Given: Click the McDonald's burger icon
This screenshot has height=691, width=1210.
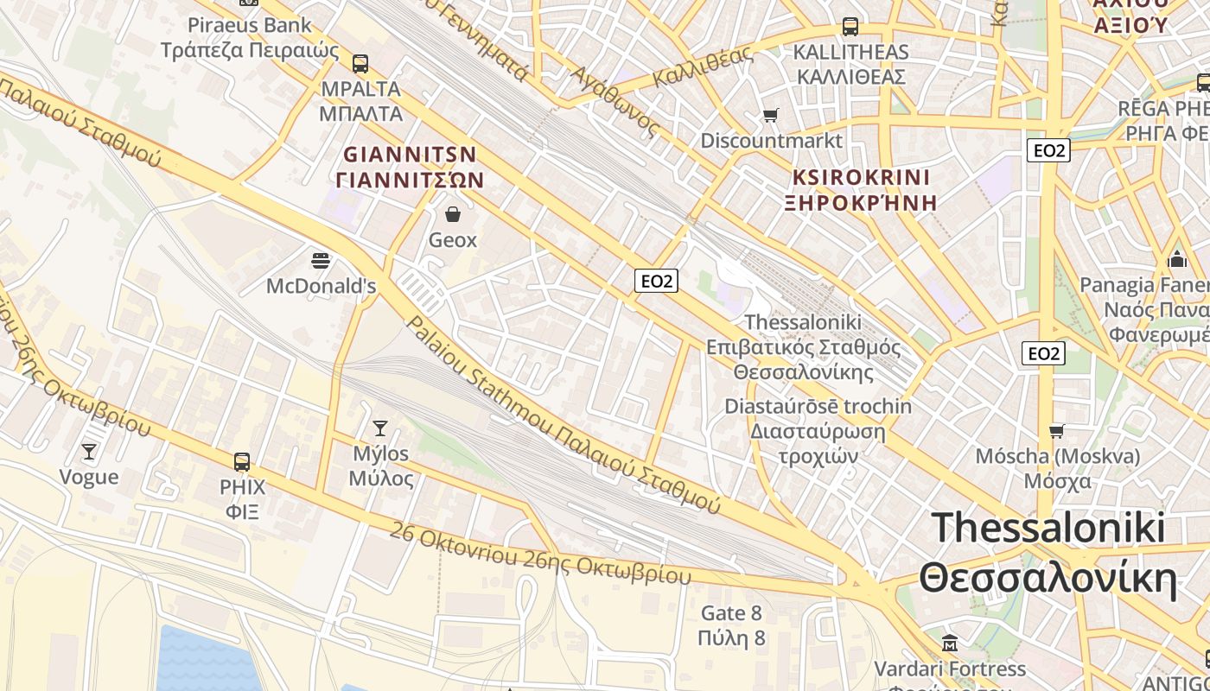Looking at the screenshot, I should tap(321, 260).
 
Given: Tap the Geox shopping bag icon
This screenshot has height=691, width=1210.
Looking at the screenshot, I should tap(452, 213).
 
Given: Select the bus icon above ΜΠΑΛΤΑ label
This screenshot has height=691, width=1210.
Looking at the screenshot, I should tap(360, 63).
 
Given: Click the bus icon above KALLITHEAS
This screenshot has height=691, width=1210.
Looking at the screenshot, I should tap(850, 26).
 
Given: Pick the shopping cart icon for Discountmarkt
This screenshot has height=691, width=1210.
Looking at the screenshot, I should tap(770, 115).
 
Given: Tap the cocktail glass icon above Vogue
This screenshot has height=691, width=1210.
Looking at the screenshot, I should tap(88, 451).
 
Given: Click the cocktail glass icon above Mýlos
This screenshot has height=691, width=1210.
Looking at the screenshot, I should tap(379, 428).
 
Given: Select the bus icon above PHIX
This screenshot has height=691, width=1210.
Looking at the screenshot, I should tap(242, 461).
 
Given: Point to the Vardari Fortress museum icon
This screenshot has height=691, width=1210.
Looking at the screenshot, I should tap(950, 643).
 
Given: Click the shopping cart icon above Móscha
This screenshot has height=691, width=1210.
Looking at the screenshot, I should tap(1056, 430).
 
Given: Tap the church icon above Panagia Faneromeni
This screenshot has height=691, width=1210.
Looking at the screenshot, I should tap(1176, 259).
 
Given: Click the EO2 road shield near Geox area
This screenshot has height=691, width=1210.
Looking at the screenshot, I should tap(656, 281).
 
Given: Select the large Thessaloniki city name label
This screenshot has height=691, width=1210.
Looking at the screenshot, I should tap(1048, 553).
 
